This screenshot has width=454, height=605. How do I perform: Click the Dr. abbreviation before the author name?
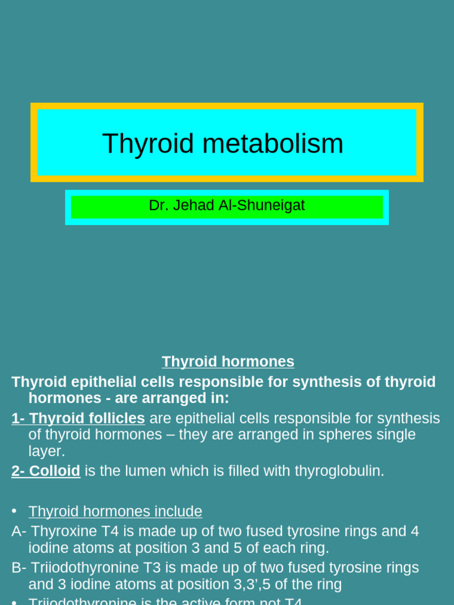157,206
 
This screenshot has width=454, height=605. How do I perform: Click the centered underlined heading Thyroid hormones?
228,362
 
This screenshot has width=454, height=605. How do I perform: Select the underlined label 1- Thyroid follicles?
78,418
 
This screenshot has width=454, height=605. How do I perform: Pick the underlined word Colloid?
54,471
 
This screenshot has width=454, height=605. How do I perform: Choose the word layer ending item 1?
46,451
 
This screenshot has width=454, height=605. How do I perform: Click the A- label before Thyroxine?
18,531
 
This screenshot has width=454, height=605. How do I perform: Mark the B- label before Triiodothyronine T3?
19,568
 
